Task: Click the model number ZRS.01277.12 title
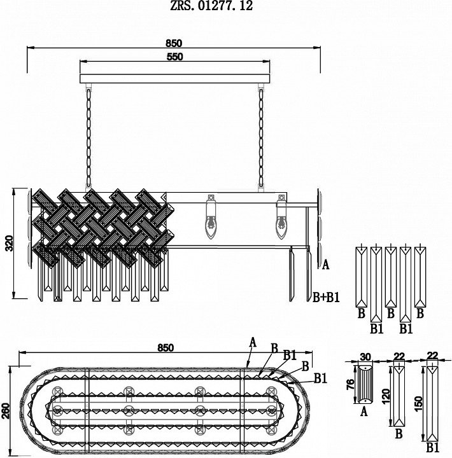tap(211, 6)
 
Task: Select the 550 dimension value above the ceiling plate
tap(174, 57)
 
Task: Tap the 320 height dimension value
tap(10, 243)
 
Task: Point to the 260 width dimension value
tap(6, 411)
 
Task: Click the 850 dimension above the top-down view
tap(166, 347)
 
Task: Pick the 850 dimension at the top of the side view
tap(174, 43)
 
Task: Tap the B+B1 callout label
tap(326, 297)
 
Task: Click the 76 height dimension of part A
tap(350, 384)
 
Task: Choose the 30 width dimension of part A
tap(365, 357)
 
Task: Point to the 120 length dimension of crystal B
tap(386, 396)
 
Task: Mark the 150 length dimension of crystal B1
tap(419, 404)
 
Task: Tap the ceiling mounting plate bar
tap(175, 79)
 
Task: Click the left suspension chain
tap(88, 137)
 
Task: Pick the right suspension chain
tap(261, 137)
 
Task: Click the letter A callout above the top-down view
tap(253, 342)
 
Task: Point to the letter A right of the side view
tap(325, 265)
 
